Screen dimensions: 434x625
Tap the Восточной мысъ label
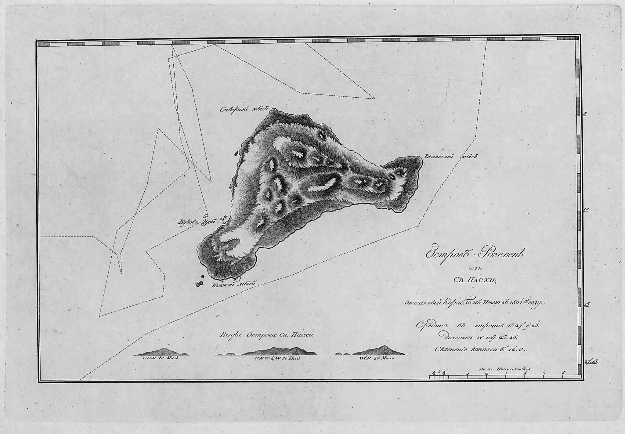pos(450,157)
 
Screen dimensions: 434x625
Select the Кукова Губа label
pos(197,222)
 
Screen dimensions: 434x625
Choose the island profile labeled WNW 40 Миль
pos(161,352)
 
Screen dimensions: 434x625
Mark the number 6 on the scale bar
pos(563,373)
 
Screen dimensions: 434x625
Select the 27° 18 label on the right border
pos(591,362)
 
